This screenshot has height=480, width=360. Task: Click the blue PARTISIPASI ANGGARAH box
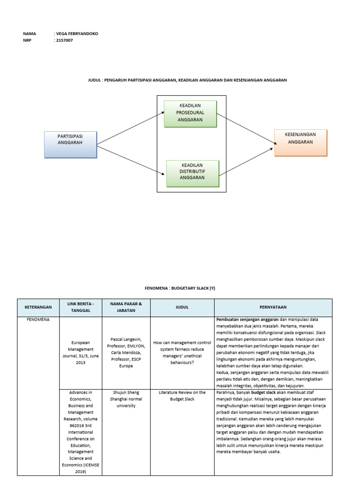pos(70,144)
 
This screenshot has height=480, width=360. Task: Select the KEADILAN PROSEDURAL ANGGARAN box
pos(190,113)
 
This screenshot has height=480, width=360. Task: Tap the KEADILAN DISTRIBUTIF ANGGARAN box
pos(193,173)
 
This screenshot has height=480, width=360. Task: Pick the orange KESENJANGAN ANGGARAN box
pos(300,142)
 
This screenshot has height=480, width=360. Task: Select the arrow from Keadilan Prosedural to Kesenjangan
pos(245,128)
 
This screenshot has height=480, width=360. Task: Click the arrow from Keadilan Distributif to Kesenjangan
pos(246,162)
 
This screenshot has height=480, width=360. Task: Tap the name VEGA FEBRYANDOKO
pos(77,34)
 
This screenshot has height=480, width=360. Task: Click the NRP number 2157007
pos(65,40)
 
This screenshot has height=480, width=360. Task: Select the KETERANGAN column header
pos(38,307)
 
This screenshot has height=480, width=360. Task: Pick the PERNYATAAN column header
pos(273,307)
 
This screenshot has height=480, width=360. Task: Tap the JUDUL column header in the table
pos(182,307)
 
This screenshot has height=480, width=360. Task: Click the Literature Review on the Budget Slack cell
pos(182,395)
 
